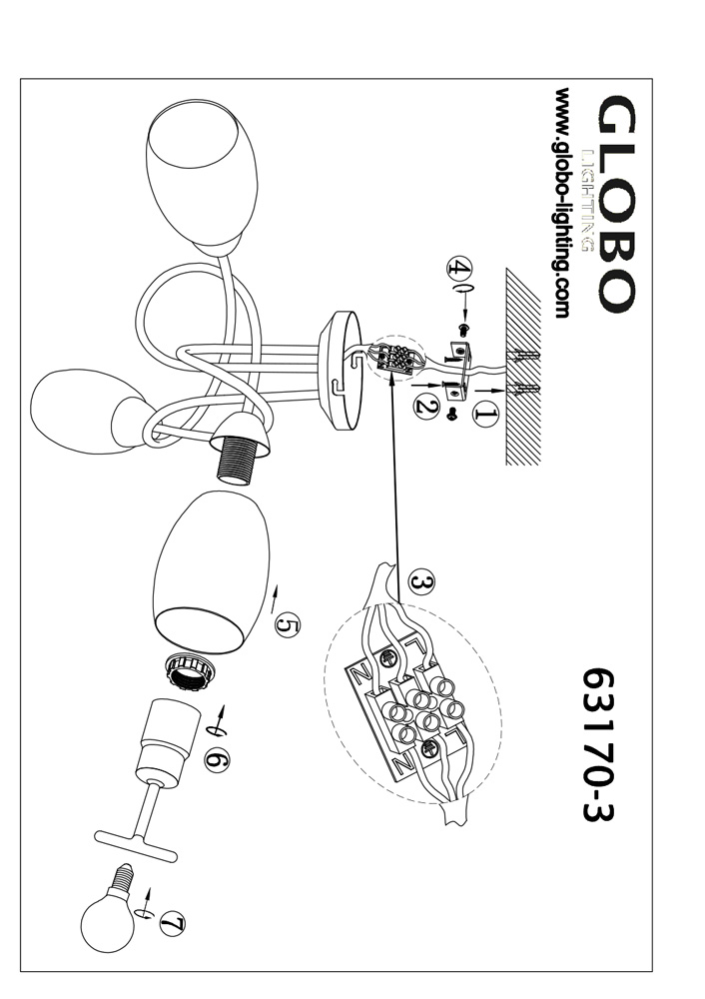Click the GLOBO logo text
pos(611,205)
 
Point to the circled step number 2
pos(425,406)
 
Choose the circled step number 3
pos(419,579)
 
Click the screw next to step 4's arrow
pos(463,327)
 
